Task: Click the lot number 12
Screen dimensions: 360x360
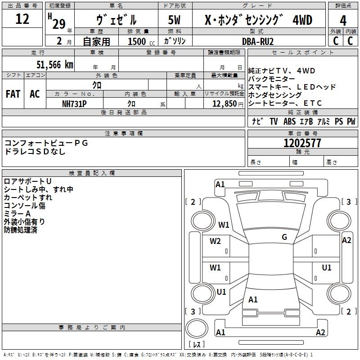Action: (x=22, y=19)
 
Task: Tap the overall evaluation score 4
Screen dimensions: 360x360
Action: (x=343, y=20)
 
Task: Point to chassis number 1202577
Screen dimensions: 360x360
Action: (x=302, y=144)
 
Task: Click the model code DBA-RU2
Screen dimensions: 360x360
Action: (x=258, y=41)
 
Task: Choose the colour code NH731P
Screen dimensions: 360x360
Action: (x=74, y=103)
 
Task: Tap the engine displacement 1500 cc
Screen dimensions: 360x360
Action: (x=139, y=41)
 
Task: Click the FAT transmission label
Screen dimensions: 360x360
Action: (x=13, y=94)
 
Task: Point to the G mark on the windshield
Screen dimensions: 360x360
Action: (x=284, y=237)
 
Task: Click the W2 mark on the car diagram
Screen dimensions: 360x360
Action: (x=216, y=241)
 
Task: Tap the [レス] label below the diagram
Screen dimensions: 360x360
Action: (x=197, y=345)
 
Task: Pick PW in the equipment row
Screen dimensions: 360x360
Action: (x=351, y=121)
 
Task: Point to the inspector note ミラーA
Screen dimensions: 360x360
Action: (x=17, y=213)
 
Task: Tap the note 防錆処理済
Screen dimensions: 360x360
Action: (x=21, y=230)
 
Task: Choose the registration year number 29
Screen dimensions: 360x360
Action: (x=59, y=23)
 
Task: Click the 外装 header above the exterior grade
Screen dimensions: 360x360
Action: (x=336, y=31)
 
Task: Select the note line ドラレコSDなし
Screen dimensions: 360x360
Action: (x=35, y=152)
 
